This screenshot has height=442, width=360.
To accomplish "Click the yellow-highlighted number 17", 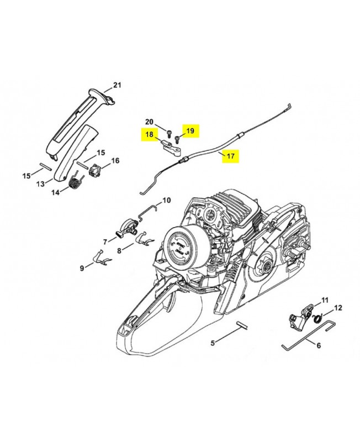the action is tap(230, 156).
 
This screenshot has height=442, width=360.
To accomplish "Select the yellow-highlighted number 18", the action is tap(149, 134).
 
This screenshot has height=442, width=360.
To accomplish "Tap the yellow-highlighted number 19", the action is tap(190, 131).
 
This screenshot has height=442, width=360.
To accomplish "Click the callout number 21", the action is tap(117, 85).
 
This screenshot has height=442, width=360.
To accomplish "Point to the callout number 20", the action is tap(149, 122).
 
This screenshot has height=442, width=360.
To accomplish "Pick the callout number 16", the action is tap(115, 161).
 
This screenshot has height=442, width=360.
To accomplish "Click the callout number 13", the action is tap(40, 184).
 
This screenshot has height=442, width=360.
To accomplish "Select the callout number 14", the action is tap(56, 192).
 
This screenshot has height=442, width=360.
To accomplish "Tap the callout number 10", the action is tap(167, 201).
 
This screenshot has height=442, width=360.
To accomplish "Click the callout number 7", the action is tap(105, 242).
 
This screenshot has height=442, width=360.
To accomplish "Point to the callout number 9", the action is tap(82, 268).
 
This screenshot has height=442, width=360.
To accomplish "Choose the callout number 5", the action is tap(213, 343).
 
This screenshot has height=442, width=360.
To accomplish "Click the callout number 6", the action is tap(319, 345).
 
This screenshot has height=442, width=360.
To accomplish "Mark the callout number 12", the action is tap(338, 308).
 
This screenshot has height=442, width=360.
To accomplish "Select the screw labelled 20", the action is tap(169, 134).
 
